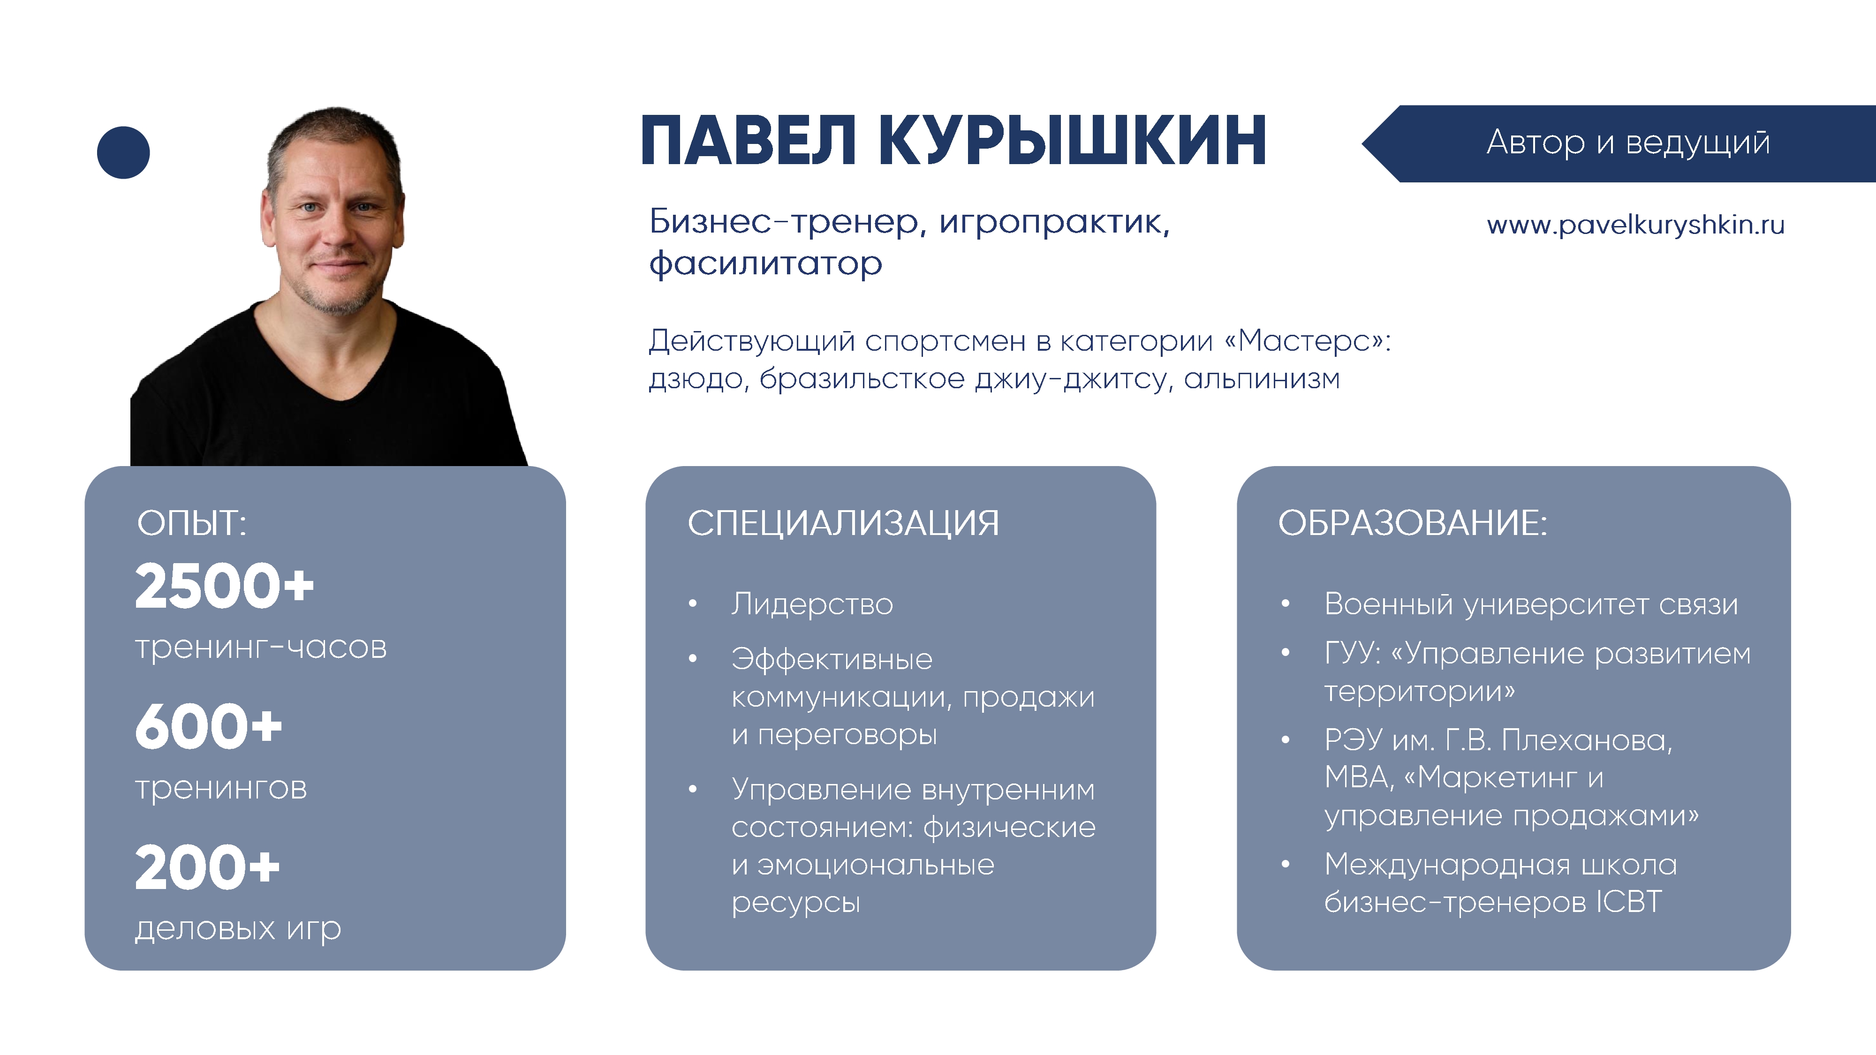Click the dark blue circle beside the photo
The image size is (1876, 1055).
click(x=123, y=152)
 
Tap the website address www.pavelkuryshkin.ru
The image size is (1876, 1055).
click(x=1636, y=226)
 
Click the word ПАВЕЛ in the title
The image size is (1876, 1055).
click(x=749, y=141)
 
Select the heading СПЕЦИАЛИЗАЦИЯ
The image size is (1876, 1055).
click(x=843, y=523)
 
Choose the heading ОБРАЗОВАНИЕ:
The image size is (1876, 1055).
click(x=1413, y=523)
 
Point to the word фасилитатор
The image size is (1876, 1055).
click(x=765, y=264)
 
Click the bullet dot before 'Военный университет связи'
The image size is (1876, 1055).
click(x=1286, y=603)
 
